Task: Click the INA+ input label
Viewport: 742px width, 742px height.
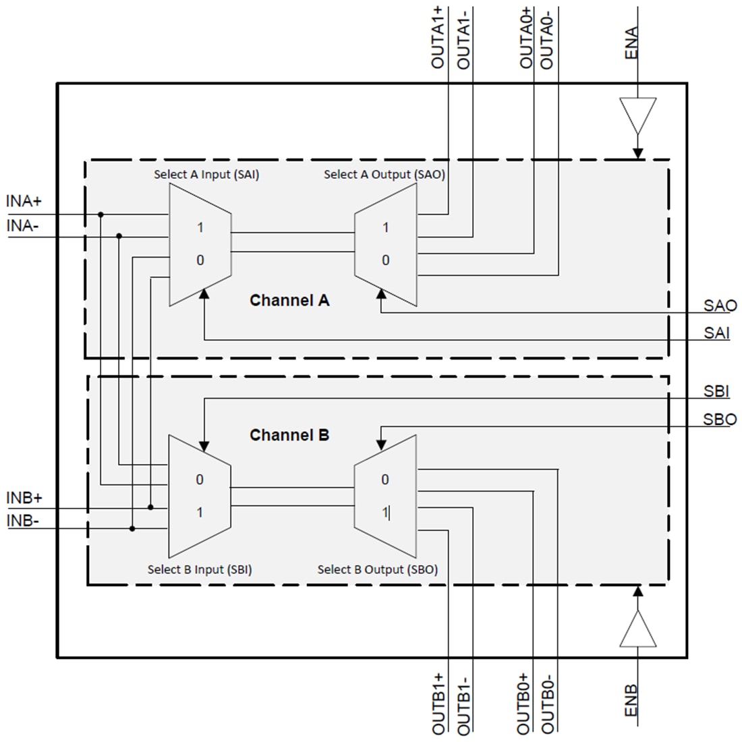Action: point(24,201)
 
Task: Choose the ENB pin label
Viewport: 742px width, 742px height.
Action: point(631,702)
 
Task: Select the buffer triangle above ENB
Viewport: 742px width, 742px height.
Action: point(637,629)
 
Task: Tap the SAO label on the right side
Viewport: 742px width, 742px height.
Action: point(720,306)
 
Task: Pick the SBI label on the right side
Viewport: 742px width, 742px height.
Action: point(716,391)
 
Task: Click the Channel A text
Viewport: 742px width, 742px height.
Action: point(289,300)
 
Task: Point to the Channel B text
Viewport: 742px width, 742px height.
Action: point(289,435)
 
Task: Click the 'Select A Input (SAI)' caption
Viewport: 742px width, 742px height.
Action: point(206,175)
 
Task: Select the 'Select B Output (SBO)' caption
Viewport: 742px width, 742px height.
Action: point(378,569)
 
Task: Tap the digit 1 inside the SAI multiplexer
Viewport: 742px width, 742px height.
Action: point(200,228)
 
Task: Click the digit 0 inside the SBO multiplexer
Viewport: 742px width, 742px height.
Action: point(385,480)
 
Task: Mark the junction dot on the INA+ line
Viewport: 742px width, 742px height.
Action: point(101,215)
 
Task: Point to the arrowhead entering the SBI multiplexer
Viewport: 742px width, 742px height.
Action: point(204,447)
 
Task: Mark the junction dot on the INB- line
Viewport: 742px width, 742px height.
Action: point(132,528)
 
